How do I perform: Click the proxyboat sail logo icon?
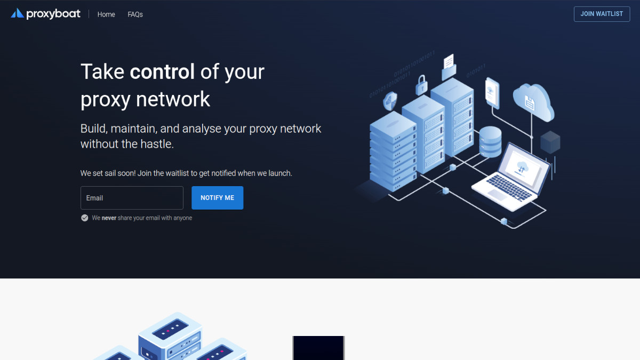click(x=18, y=13)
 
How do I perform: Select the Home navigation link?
click(x=106, y=14)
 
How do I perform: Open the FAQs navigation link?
click(x=135, y=14)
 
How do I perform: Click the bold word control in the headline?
click(x=162, y=71)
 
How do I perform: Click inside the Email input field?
click(x=132, y=198)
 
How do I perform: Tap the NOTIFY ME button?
click(x=218, y=198)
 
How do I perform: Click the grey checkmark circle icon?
click(x=85, y=218)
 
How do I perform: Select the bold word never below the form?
click(x=109, y=218)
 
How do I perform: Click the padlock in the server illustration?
click(x=421, y=85)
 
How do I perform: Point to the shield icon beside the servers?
click(x=390, y=101)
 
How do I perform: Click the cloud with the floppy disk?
click(x=533, y=102)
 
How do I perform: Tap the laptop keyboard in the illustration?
click(x=509, y=187)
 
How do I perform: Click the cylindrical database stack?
click(x=490, y=142)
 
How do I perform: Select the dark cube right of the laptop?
click(x=550, y=142)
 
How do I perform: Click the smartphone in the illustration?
click(x=492, y=93)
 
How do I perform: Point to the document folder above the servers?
click(x=449, y=67)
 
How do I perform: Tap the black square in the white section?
click(x=318, y=348)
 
